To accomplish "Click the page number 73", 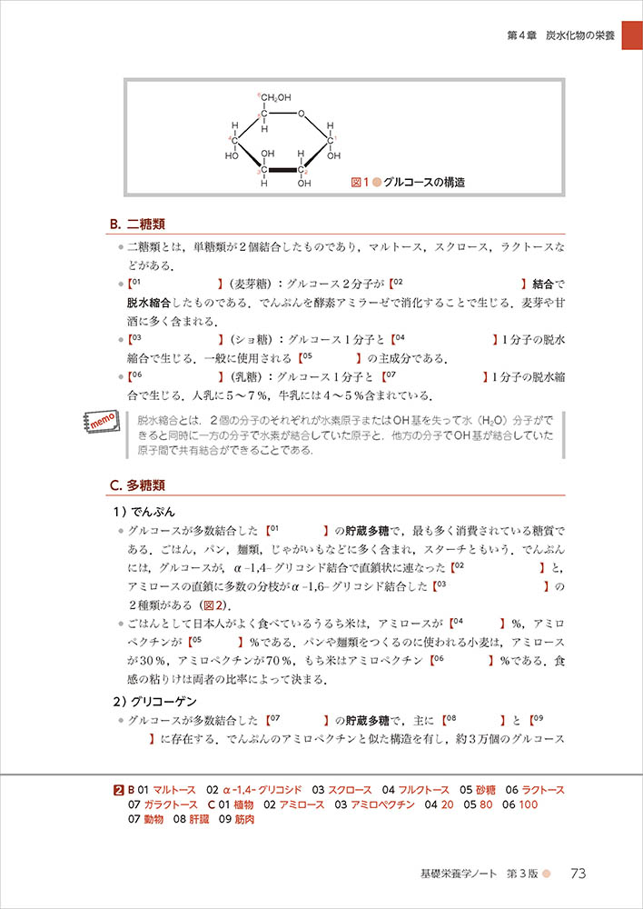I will (579, 874).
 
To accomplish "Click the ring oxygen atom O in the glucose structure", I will (302, 115).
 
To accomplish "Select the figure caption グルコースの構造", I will (424, 182).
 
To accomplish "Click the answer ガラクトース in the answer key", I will (169, 804).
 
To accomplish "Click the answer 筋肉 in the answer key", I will (242, 819).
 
